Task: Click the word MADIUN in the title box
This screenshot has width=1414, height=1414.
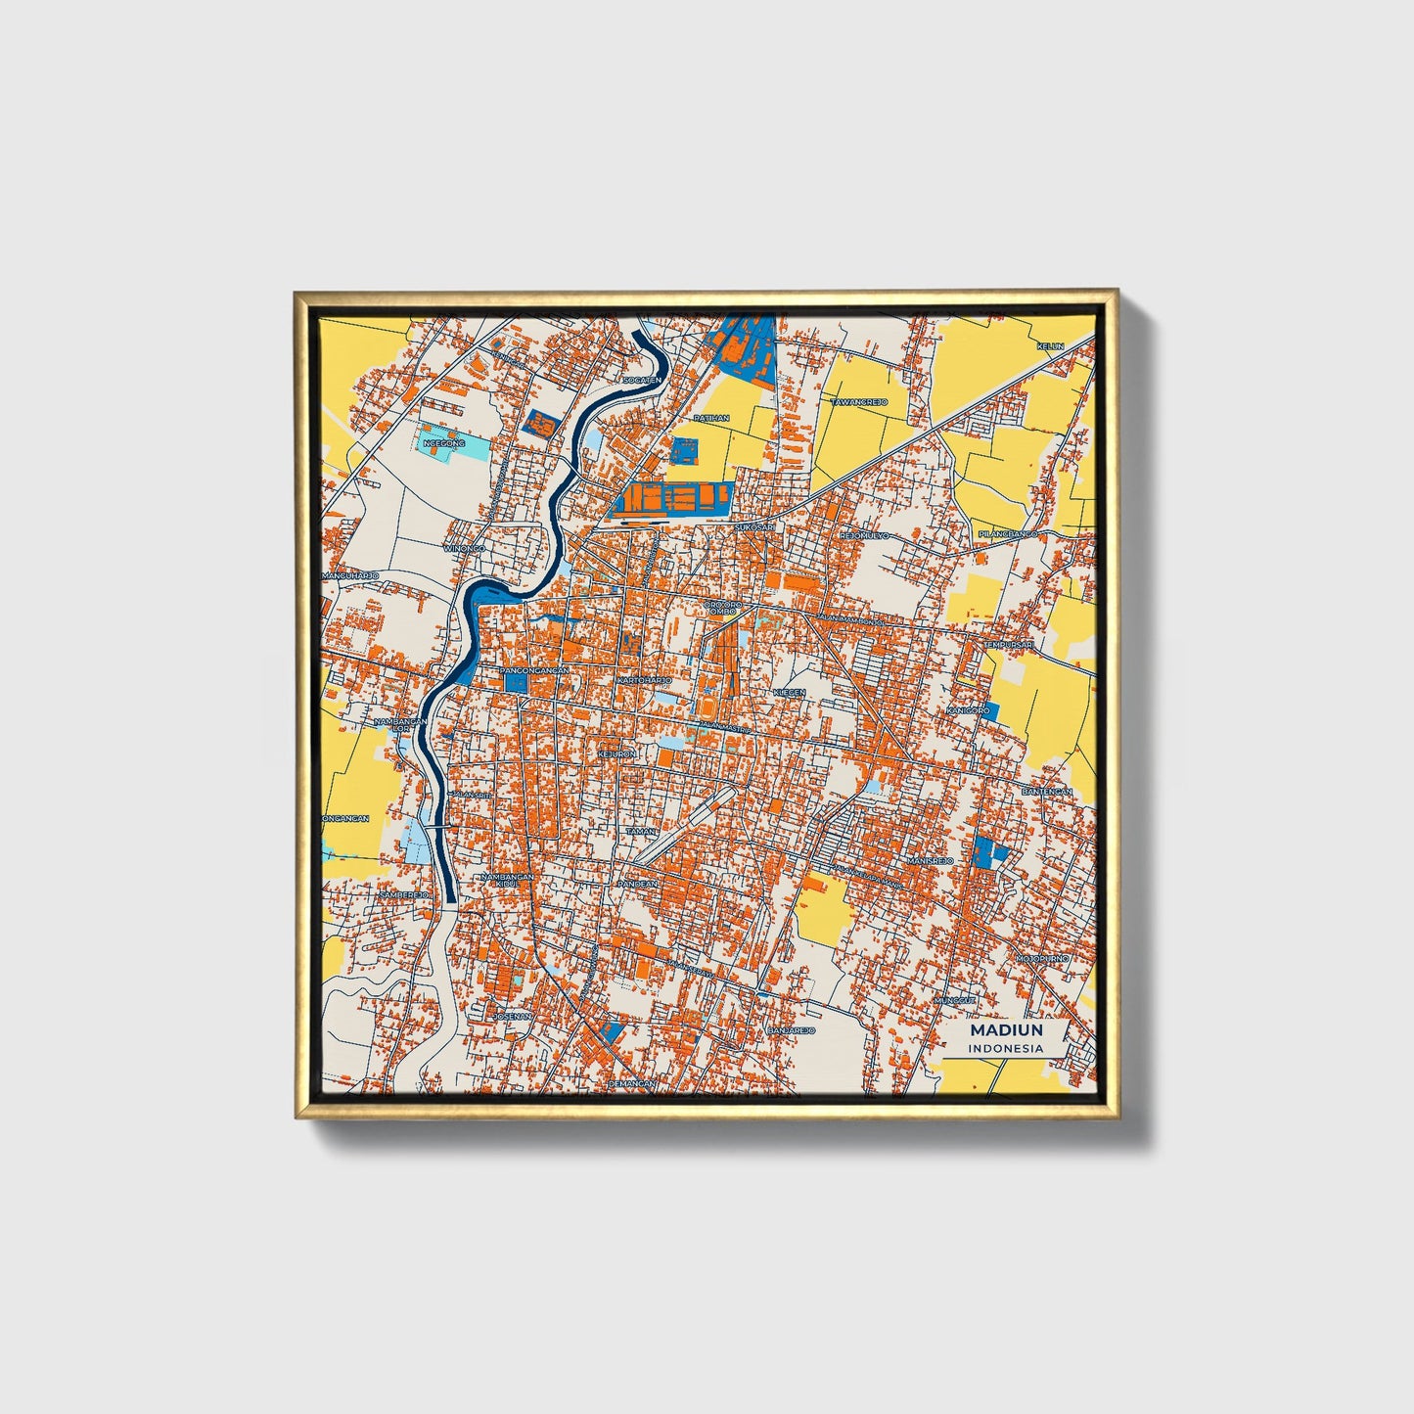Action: pyautogui.click(x=1006, y=1030)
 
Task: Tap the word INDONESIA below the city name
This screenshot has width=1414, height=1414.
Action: pyautogui.click(x=1006, y=1048)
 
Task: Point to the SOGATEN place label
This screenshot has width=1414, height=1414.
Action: pyautogui.click(x=642, y=380)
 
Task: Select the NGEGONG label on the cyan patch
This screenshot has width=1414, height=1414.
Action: pyautogui.click(x=443, y=443)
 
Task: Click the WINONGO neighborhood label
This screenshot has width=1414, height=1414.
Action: pyautogui.click(x=465, y=549)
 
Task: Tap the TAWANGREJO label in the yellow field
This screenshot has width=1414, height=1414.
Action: pyautogui.click(x=858, y=402)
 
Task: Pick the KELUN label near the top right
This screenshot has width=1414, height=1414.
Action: pyautogui.click(x=1050, y=346)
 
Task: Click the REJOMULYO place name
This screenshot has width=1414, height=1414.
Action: pyautogui.click(x=864, y=536)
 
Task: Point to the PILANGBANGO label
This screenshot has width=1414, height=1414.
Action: pyautogui.click(x=1008, y=535)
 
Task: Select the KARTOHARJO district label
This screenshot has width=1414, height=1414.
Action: pyautogui.click(x=644, y=679)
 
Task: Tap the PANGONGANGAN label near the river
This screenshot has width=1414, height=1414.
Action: pyautogui.click(x=534, y=670)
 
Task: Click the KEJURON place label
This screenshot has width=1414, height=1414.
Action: pyautogui.click(x=616, y=754)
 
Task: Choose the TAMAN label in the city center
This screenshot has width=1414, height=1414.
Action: pyautogui.click(x=641, y=831)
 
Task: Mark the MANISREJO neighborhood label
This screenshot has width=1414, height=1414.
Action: pyautogui.click(x=930, y=860)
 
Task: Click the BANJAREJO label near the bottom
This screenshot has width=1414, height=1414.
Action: pyautogui.click(x=791, y=1031)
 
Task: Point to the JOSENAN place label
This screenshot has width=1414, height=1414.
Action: pyautogui.click(x=512, y=1016)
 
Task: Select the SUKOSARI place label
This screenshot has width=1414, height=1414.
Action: pyautogui.click(x=754, y=527)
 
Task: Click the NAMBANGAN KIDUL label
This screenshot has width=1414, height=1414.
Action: pyautogui.click(x=507, y=881)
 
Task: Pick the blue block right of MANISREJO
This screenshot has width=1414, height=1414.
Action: pyautogui.click(x=989, y=852)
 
